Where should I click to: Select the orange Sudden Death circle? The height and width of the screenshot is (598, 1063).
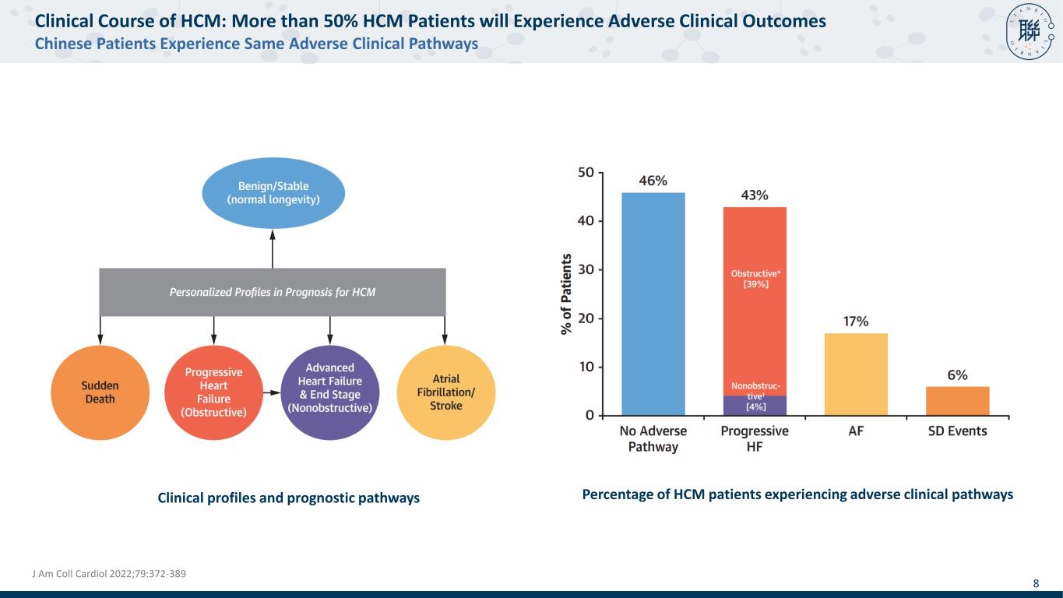click(100, 392)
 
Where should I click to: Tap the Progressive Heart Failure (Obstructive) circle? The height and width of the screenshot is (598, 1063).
click(213, 392)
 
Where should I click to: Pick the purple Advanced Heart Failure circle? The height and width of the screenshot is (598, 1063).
click(330, 392)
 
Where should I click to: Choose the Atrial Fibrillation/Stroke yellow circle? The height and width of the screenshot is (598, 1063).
click(445, 392)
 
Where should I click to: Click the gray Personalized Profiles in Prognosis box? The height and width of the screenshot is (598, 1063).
click(273, 293)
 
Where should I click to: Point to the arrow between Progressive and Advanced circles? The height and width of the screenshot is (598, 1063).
click(271, 393)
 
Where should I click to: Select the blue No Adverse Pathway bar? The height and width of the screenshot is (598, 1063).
click(653, 304)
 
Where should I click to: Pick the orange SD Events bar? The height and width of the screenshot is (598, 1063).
click(957, 401)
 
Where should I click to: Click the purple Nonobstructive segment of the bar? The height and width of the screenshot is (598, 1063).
click(755, 406)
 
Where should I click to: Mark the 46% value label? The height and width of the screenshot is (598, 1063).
click(653, 181)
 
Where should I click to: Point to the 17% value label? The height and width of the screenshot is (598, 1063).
click(857, 322)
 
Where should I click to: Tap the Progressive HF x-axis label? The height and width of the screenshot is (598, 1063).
click(755, 438)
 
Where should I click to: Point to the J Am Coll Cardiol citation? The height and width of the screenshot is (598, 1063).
click(108, 574)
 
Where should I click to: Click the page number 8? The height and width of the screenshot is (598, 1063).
click(1036, 583)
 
